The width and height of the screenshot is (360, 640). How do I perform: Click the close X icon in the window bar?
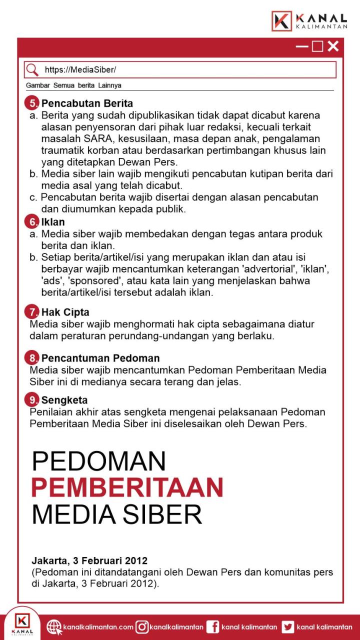pyautogui.click(x=333, y=46)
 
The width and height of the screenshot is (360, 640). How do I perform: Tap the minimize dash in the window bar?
pyautogui.click(x=302, y=46)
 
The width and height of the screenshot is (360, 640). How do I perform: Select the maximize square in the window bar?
pyautogui.click(x=317, y=46)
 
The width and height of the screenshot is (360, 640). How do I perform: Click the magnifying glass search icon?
pyautogui.click(x=32, y=69)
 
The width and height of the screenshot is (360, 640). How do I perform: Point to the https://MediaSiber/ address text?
pyautogui.click(x=80, y=69)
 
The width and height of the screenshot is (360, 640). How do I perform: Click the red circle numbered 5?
pyautogui.click(x=32, y=103)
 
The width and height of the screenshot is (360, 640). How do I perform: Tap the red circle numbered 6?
pyautogui.click(x=32, y=221)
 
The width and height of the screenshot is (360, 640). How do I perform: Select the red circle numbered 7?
pyautogui.click(x=32, y=312)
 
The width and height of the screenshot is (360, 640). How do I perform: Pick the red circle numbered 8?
pyautogui.click(x=32, y=358)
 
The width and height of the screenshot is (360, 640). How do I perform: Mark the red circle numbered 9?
pyautogui.click(x=32, y=400)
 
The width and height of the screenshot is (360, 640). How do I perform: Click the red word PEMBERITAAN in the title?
pyautogui.click(x=127, y=486)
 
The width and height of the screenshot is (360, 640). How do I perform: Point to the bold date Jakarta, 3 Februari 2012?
pyautogui.click(x=89, y=560)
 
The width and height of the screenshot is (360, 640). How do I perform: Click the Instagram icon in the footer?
pyautogui.click(x=142, y=626)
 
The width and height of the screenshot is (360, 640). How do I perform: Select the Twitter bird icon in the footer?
pyautogui.click(x=287, y=626)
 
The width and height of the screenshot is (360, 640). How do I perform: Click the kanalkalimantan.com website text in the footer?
pyautogui.click(x=98, y=627)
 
